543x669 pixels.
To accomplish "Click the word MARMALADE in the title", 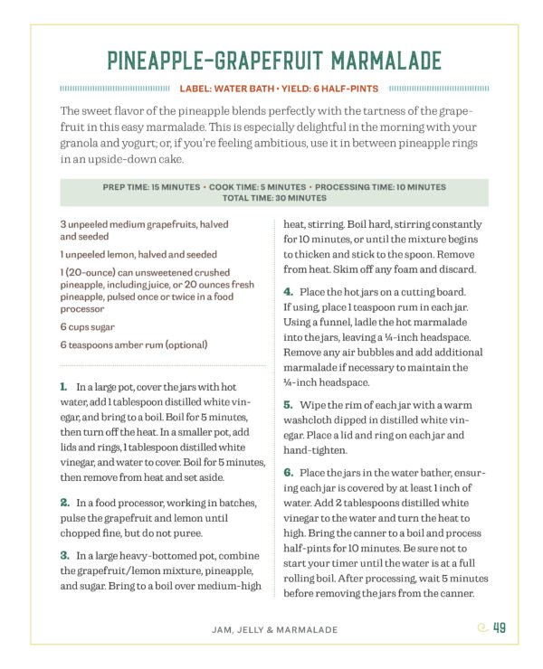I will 386,61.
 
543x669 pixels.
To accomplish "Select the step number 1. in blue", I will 65,386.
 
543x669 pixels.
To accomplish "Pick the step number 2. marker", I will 65,502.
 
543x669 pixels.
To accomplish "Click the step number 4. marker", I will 288,291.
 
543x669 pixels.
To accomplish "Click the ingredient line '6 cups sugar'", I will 88,326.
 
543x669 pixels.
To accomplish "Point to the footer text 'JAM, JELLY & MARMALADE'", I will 271,629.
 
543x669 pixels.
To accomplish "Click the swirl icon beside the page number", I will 481,629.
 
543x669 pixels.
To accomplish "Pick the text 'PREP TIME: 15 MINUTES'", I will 150,187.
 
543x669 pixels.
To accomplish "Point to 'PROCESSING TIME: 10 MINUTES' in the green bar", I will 381,187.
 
